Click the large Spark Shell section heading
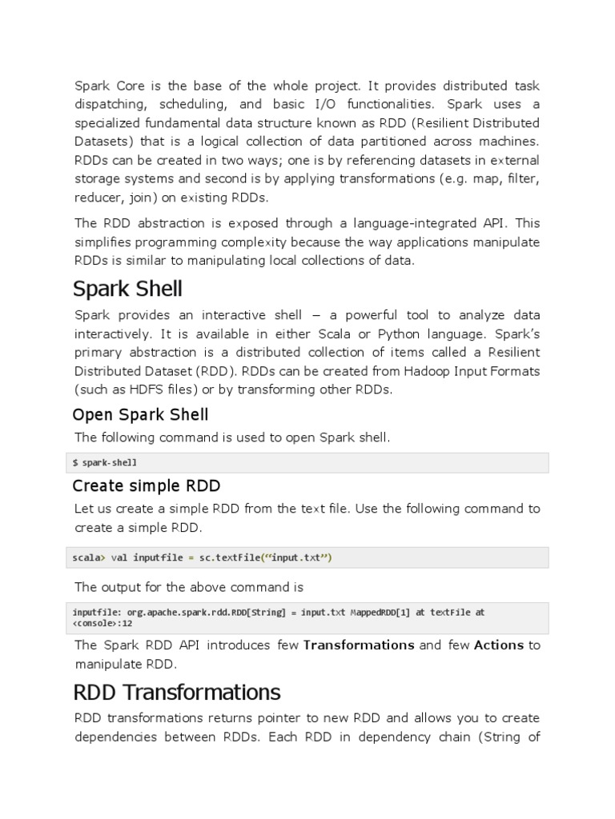(x=128, y=288)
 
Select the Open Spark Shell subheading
(x=140, y=414)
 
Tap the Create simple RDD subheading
(x=146, y=485)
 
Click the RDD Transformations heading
(x=176, y=691)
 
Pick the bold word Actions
(x=498, y=645)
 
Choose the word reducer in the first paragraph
(x=99, y=197)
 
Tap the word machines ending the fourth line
(x=512, y=142)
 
